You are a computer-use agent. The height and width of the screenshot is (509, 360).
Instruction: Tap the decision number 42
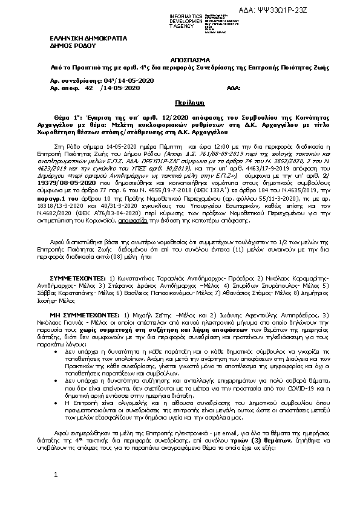click(x=89, y=88)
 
